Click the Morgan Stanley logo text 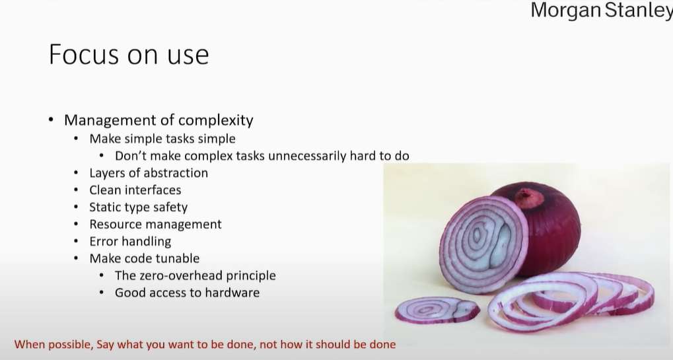pos(602,11)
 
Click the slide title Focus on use pos(129,54)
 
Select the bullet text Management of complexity pos(159,120)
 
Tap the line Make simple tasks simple pos(162,139)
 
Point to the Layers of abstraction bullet pos(149,173)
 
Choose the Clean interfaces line pos(135,190)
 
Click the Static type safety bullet pos(138,207)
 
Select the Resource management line pos(155,225)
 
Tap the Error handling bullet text pos(130,242)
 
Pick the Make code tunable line pos(144,258)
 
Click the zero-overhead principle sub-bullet pos(195,275)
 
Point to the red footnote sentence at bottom pos(205,344)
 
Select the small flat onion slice pos(437,309)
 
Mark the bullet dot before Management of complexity pos(52,120)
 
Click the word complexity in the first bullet pos(215,120)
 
